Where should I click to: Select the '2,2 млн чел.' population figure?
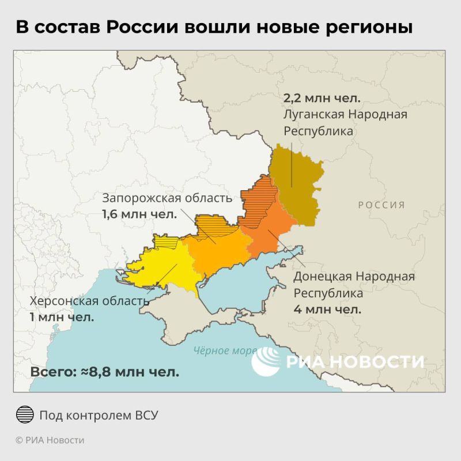coord(322,97)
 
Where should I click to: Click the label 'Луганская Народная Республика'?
coord(345,122)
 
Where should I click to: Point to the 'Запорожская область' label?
coord(167,198)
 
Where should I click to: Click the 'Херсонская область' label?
coord(89,301)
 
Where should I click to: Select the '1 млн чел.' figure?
coord(62,317)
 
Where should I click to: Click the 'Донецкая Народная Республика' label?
coord(354,285)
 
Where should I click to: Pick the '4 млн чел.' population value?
coord(327,309)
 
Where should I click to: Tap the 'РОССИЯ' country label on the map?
coord(381,205)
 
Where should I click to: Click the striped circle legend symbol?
coord(24,415)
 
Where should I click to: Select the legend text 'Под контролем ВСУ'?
coord(99,415)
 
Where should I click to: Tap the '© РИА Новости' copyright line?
coord(50,440)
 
